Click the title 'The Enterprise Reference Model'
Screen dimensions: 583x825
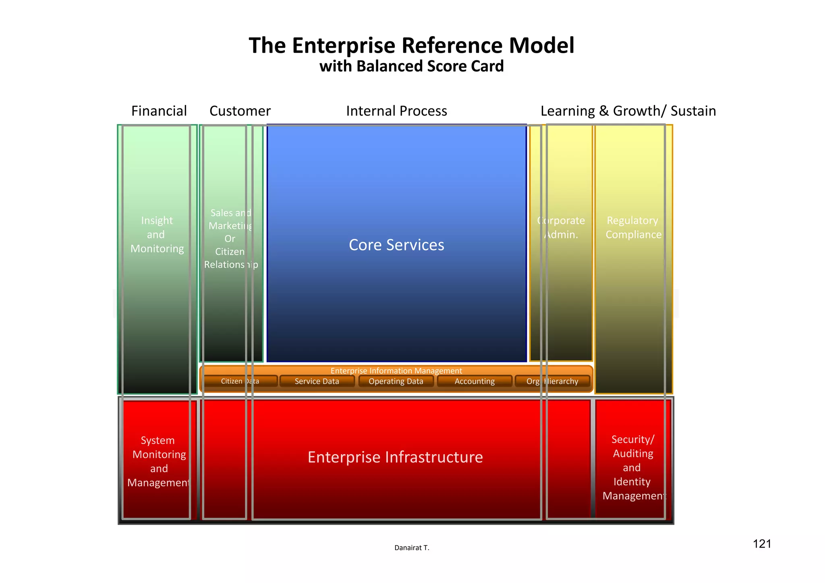[x=411, y=45]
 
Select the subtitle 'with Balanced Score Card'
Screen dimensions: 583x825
[x=411, y=66]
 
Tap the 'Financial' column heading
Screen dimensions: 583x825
[x=159, y=111]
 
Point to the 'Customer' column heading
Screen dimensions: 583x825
[x=240, y=111]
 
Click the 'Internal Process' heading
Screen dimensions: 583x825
[x=396, y=111]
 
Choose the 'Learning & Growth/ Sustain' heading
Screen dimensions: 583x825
[x=628, y=111]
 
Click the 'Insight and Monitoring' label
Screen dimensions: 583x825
[x=157, y=235]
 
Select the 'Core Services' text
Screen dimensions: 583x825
[x=396, y=245]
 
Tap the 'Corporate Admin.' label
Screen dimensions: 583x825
[x=561, y=227]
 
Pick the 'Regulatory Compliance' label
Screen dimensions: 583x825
[x=633, y=227]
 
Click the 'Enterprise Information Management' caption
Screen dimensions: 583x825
[x=396, y=370]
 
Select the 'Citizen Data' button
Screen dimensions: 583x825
[x=240, y=381]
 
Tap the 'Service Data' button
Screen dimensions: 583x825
[x=317, y=381]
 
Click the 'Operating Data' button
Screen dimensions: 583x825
[x=396, y=381]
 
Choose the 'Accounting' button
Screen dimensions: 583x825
[x=475, y=381]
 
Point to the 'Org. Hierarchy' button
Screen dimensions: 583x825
[x=552, y=381]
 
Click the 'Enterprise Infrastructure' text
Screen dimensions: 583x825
[x=395, y=457]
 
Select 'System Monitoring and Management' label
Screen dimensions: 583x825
[x=159, y=461]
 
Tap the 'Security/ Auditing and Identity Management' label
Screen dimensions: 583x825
[x=633, y=467]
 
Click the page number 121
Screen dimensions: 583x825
[x=762, y=544]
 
